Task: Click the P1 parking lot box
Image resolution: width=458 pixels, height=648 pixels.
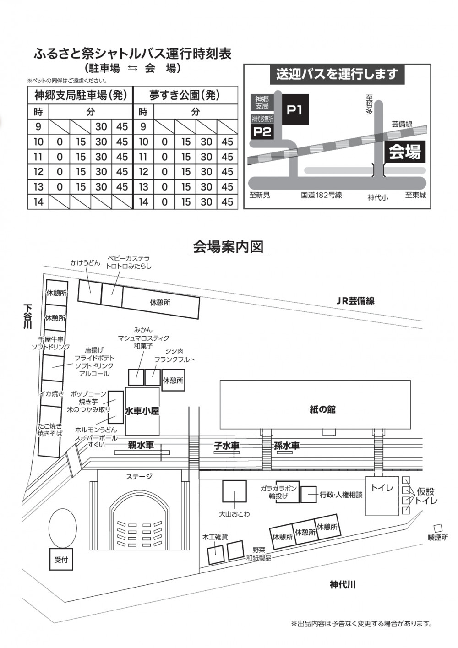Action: click(x=295, y=109)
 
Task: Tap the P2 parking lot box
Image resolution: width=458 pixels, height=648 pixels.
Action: click(x=262, y=131)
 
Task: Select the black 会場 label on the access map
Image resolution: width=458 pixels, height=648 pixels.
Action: click(x=405, y=152)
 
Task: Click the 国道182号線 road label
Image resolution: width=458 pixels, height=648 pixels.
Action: click(x=321, y=196)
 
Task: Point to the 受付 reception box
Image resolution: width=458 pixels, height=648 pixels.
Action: click(x=61, y=559)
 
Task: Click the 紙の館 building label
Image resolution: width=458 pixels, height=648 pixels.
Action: click(x=322, y=409)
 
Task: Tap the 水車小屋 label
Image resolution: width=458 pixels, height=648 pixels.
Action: click(x=142, y=411)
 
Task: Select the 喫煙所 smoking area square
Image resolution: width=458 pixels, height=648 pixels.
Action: click(x=438, y=528)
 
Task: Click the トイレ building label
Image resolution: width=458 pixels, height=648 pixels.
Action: click(x=382, y=488)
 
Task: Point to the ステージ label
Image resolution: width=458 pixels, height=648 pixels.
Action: click(x=139, y=476)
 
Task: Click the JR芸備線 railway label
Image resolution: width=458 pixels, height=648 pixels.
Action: click(x=355, y=301)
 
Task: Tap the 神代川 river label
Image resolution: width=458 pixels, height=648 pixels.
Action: click(x=343, y=585)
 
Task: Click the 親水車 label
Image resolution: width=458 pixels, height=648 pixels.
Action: click(x=141, y=445)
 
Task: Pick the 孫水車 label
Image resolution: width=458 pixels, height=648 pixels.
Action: click(x=286, y=446)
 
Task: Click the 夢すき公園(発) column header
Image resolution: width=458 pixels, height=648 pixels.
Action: click(x=185, y=95)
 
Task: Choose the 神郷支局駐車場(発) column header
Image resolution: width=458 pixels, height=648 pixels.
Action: click(x=81, y=95)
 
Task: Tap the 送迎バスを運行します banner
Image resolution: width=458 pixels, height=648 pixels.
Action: click(x=337, y=75)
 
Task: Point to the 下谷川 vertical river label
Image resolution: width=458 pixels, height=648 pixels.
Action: click(x=27, y=316)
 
